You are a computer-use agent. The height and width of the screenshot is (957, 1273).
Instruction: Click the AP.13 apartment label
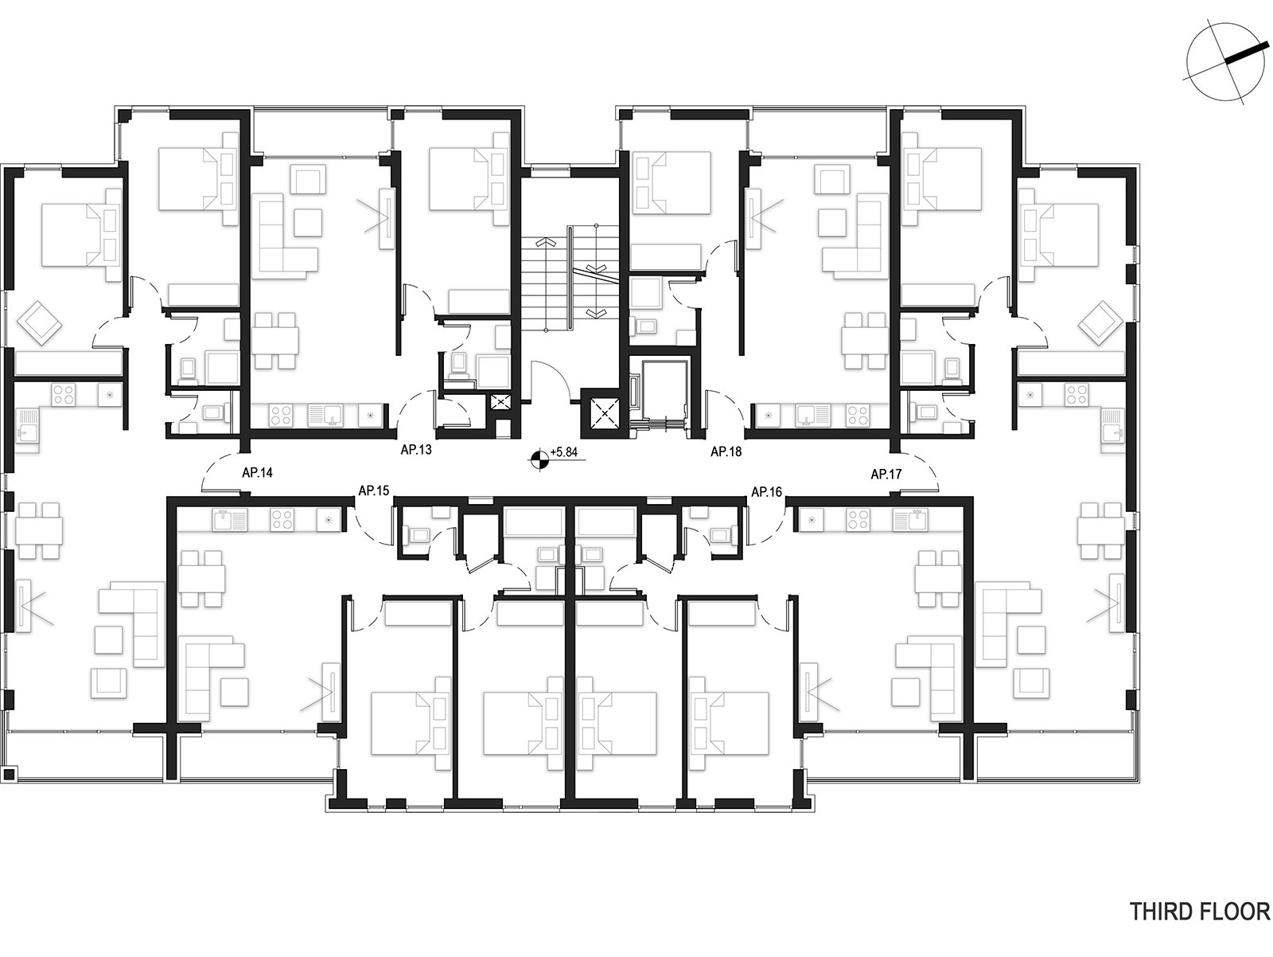click(x=416, y=449)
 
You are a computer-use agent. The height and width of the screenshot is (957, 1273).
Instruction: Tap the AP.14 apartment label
click(x=257, y=472)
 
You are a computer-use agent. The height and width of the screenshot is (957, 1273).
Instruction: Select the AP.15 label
click(x=373, y=490)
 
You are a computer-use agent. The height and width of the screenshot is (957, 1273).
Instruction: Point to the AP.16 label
click(x=767, y=492)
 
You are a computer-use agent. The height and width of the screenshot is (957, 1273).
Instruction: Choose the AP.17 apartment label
click(x=886, y=475)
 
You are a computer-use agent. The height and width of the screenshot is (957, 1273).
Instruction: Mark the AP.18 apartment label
click(x=726, y=451)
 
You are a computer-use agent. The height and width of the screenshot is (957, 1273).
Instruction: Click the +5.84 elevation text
click(x=564, y=451)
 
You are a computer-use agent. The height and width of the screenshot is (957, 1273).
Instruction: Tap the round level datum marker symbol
click(x=539, y=459)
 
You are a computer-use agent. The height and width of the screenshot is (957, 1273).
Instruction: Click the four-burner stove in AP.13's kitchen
click(x=281, y=415)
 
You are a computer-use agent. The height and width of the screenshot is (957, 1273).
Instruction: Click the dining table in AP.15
click(x=201, y=579)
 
